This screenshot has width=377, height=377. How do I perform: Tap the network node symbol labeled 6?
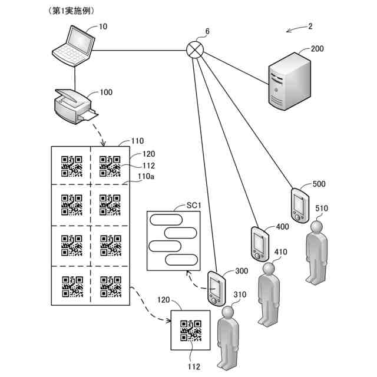(194, 50)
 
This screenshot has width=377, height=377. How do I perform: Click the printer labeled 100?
(73, 106)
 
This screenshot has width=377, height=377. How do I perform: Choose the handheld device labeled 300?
(216, 287)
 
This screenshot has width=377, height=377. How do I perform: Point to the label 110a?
(147, 176)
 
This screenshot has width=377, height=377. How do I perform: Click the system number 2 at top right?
(310, 26)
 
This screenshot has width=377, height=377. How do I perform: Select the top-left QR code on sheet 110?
(72, 166)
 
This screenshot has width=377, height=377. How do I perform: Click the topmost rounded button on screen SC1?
(166, 219)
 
